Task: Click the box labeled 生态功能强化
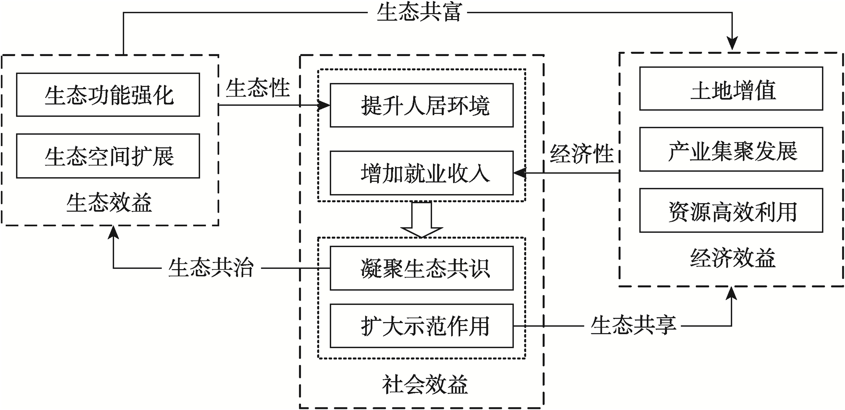coord(108,95)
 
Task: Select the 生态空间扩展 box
coord(108,156)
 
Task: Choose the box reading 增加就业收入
coord(422,173)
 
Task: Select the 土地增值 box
coord(731,89)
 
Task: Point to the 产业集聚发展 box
coord(731,149)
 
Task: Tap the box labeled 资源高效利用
coord(731,210)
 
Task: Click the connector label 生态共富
coord(419,12)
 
